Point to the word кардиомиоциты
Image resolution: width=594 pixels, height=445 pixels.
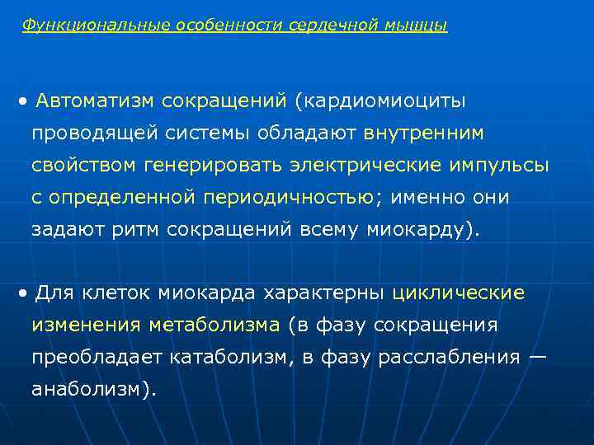[384, 101]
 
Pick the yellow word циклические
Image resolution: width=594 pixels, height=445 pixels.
[458, 293]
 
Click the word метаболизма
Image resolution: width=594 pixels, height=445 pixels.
[214, 325]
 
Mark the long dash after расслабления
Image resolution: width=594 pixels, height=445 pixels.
[537, 357]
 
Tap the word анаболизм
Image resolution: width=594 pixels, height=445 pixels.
[92, 389]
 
